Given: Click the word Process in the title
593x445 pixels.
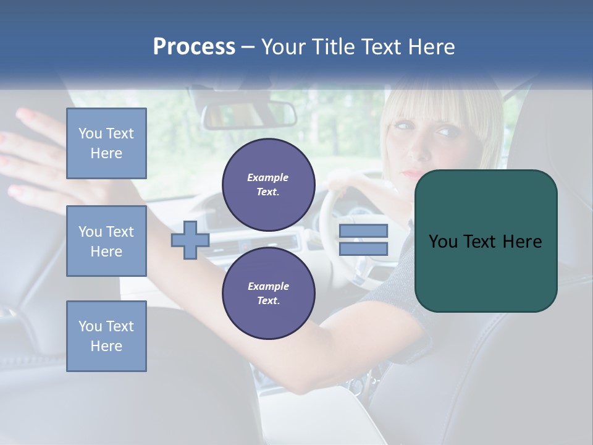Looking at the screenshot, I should [194, 47].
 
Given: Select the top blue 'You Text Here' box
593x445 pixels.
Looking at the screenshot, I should [106, 143].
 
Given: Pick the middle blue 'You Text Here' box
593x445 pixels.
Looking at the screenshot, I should [106, 241].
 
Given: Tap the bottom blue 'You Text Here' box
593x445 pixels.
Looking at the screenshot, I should [106, 336].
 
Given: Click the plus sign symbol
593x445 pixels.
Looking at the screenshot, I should [190, 240].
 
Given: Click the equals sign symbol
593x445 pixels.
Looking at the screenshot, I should [363, 240].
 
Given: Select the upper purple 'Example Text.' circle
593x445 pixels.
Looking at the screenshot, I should [268, 185].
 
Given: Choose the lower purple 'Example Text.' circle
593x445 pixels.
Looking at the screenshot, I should [268, 294].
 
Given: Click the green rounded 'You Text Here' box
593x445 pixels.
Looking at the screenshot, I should [486, 241].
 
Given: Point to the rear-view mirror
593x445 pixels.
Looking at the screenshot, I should [249, 114].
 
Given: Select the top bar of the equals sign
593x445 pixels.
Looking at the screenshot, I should [363, 231].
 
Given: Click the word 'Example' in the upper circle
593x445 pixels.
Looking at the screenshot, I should [268, 177].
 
